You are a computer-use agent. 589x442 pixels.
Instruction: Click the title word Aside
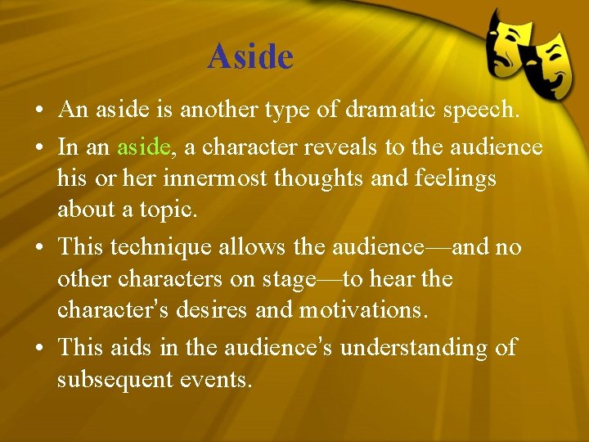[x=250, y=56]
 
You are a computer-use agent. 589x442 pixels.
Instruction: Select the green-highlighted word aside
[x=143, y=147]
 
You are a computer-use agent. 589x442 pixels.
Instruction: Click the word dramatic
[x=366, y=109]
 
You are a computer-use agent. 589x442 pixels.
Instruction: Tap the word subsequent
[x=119, y=379]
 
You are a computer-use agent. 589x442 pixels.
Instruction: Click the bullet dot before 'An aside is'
[x=39, y=110]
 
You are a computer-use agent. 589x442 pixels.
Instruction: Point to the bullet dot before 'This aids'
[x=39, y=348]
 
